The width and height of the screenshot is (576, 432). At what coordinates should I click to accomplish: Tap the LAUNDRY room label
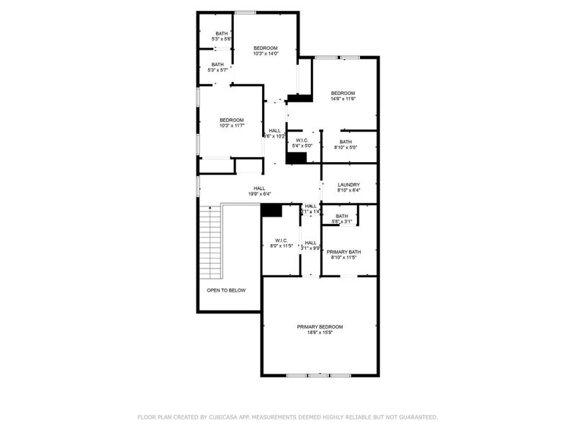[x=348, y=184]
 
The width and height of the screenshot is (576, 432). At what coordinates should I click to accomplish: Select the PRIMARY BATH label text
[x=345, y=251]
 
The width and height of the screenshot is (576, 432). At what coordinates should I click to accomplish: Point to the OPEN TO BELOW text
[x=226, y=290]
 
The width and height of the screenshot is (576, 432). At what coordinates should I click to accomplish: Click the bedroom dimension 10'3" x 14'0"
[x=265, y=54]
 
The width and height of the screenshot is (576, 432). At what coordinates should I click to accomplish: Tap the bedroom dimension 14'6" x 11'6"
[x=343, y=99]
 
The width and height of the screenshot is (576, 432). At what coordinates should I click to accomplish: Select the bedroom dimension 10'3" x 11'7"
[x=231, y=126]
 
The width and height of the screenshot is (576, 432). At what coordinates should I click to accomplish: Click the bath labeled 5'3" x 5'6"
[x=221, y=38]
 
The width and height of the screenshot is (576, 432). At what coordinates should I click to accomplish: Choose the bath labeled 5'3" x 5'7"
[x=217, y=70]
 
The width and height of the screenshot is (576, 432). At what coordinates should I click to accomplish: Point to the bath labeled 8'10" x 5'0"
[x=346, y=148]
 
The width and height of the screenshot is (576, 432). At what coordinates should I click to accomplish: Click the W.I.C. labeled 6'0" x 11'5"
[x=281, y=246]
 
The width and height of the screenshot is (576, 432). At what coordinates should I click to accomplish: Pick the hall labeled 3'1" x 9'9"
[x=311, y=248]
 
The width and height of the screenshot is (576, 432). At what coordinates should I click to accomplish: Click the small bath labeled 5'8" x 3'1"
[x=341, y=222]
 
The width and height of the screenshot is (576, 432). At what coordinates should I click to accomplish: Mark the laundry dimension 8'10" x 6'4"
[x=348, y=191]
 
